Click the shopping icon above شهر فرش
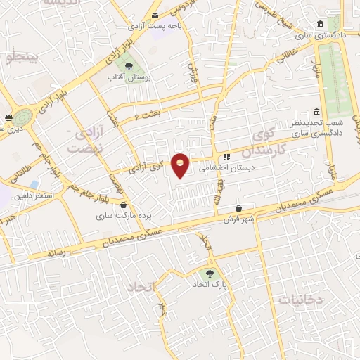click(x=240, y=209)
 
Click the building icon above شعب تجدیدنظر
click(x=316, y=112)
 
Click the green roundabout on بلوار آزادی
click(x=24, y=116)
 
